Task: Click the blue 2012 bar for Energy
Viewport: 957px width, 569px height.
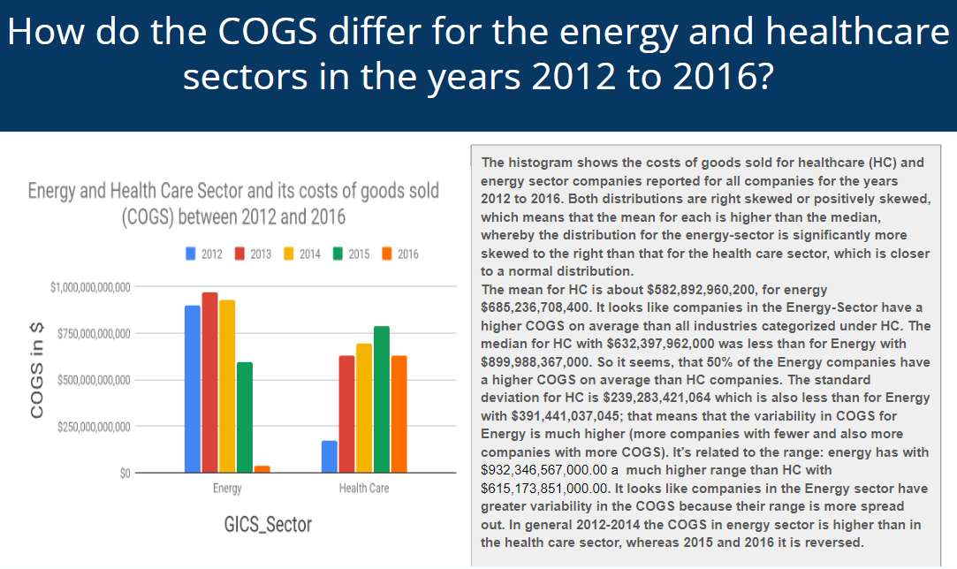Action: click(x=192, y=389)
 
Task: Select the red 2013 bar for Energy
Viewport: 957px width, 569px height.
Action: click(x=209, y=382)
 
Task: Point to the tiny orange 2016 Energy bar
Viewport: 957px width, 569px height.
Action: click(x=262, y=469)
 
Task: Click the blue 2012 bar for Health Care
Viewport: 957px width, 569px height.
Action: click(x=330, y=457)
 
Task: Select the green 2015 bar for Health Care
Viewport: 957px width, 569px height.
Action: click(x=382, y=399)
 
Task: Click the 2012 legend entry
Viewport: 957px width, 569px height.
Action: click(x=204, y=254)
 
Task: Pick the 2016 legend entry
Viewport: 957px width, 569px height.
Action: click(x=400, y=254)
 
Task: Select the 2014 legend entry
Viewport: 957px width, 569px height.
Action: click(x=302, y=254)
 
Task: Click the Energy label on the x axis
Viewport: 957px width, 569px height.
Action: click(x=227, y=488)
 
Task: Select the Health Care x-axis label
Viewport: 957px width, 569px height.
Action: click(x=364, y=488)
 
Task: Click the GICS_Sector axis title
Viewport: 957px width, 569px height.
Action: click(x=269, y=525)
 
